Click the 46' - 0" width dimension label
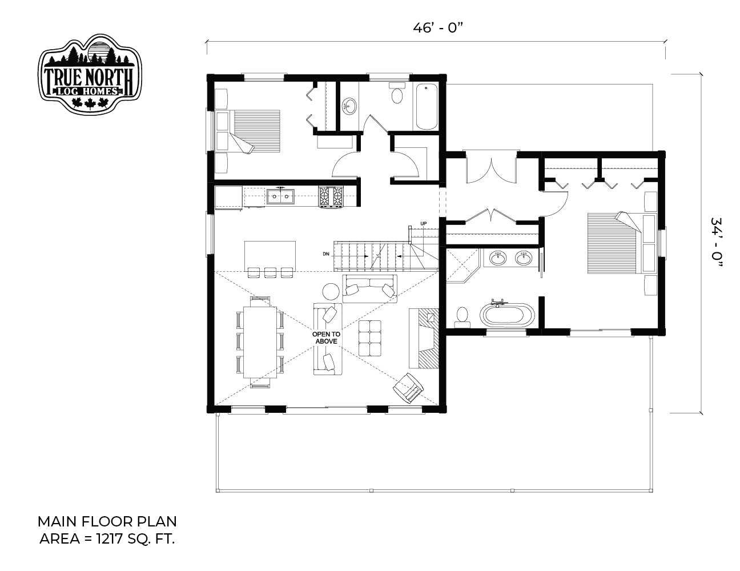439,28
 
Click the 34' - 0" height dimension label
717,242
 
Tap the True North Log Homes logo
90,74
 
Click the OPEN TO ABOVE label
326,338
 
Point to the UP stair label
423,224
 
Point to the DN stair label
326,254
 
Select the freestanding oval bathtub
507,315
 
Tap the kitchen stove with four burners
331,196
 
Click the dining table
260,342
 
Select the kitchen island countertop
270,256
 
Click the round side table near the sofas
331,292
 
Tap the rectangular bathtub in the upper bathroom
427,107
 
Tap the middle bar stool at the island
270,272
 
